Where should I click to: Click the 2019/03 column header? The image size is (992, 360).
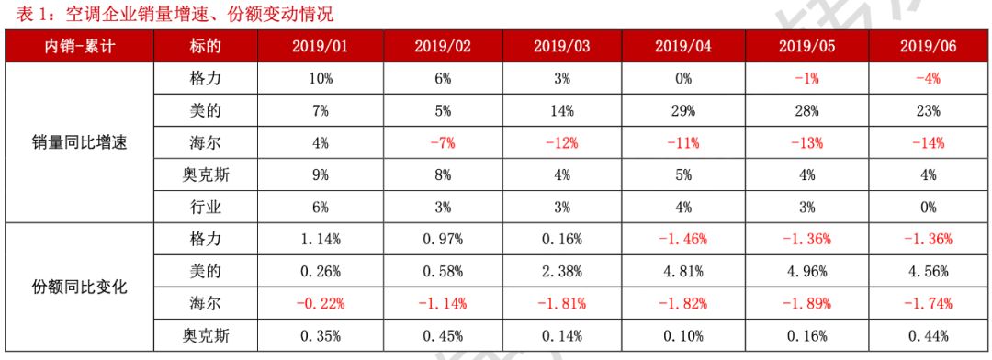pyautogui.click(x=561, y=46)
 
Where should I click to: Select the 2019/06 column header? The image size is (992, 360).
pyautogui.click(x=928, y=46)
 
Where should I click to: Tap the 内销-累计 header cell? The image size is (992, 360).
pyautogui.click(x=80, y=46)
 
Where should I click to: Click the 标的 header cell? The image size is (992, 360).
pyautogui.click(x=205, y=46)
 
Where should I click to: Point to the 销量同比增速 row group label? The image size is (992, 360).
pyautogui.click(x=80, y=143)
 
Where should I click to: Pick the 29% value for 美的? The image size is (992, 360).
pyautogui.click(x=683, y=111)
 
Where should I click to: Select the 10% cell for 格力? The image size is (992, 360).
pyautogui.click(x=321, y=79)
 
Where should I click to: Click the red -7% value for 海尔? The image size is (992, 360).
pyautogui.click(x=442, y=143)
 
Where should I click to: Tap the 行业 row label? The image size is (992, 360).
pyautogui.click(x=205, y=208)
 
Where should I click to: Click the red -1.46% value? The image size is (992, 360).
pyautogui.click(x=683, y=240)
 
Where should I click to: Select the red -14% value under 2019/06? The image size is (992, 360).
pyautogui.click(x=928, y=143)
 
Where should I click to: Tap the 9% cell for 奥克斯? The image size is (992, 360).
pyautogui.click(x=321, y=175)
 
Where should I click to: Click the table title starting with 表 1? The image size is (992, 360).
pyautogui.click(x=168, y=13)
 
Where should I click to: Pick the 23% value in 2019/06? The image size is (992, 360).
pyautogui.click(x=928, y=111)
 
